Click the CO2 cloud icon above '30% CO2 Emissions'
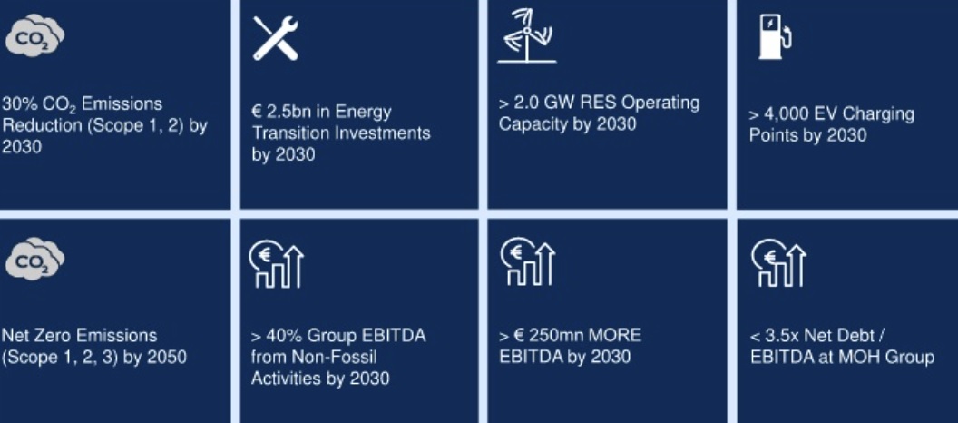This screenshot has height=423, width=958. coord(34,37)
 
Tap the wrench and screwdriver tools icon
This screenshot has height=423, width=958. coord(276,38)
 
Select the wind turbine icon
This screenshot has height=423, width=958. coord(527,35)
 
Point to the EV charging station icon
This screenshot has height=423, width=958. coord(775,36)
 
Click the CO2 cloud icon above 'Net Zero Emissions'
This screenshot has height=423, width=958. coord(34,258)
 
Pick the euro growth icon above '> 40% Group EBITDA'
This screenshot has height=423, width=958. coord(276,263)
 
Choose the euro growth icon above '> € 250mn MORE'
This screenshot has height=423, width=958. coord(527,261)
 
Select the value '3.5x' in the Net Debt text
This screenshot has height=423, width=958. coord(783,336)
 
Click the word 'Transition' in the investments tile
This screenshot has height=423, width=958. coord(289,133)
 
